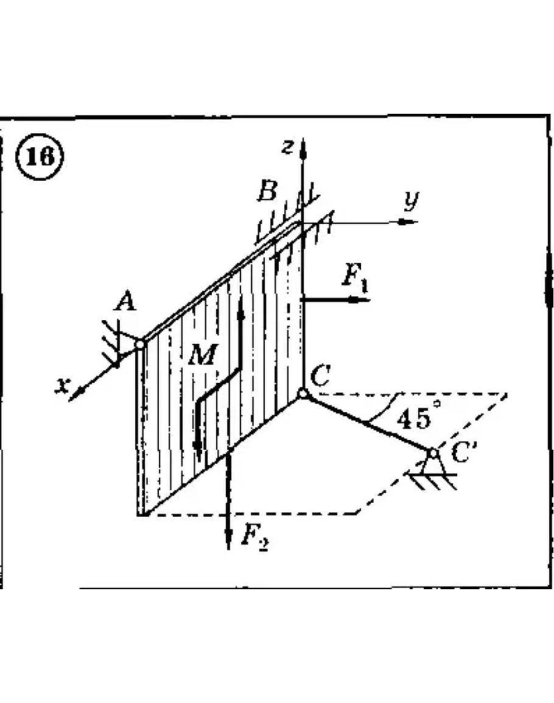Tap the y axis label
point(412,201)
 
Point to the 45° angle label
point(418,418)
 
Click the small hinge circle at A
point(139,345)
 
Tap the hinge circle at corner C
point(303,394)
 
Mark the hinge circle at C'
point(433,453)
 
